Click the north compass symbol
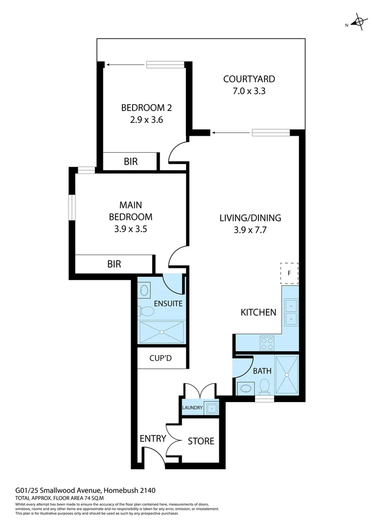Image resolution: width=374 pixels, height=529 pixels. point(359,22)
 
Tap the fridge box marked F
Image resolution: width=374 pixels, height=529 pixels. point(289,273)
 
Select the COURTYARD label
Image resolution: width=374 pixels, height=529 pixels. point(249,79)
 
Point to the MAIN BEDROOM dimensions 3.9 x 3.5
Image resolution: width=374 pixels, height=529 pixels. point(130,228)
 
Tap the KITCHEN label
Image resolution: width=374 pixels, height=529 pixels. point(258,312)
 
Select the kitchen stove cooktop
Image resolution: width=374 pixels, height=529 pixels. point(267,342)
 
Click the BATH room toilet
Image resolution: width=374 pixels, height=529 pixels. point(265,386)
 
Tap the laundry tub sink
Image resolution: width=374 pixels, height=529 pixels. point(212,408)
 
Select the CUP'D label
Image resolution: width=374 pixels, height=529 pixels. point(161,358)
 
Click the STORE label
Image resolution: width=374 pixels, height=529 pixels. point(201,441)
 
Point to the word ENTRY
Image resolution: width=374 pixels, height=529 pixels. point(153,438)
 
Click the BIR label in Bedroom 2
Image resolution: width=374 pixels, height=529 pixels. point(131,161)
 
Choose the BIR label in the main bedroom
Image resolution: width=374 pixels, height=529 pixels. point(114,264)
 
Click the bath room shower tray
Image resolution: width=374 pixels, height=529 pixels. point(286,375)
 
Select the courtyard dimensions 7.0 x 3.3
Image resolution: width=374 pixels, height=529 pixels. point(249,91)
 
